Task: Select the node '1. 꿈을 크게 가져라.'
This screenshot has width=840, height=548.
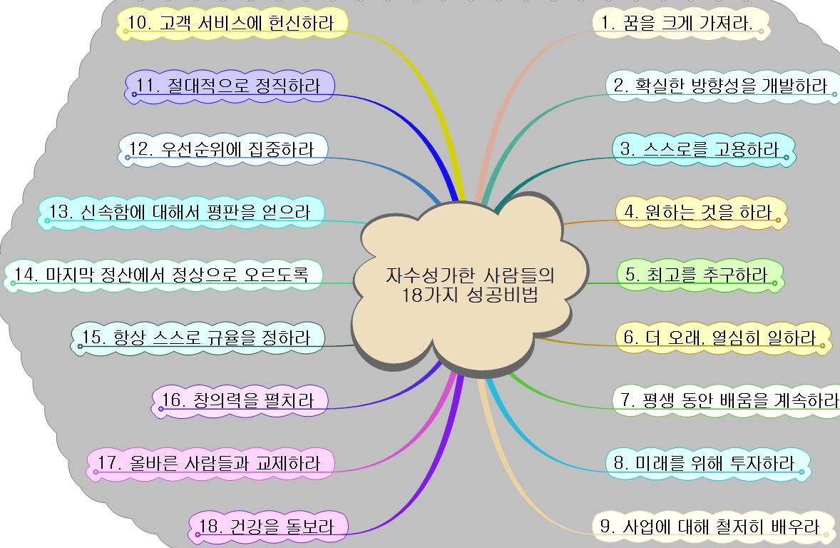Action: (x=677, y=23)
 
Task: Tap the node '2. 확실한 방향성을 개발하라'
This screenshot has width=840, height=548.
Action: (x=720, y=86)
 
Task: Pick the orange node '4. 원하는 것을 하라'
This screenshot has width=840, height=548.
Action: (x=698, y=212)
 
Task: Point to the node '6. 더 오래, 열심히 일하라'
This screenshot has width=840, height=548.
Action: (x=719, y=338)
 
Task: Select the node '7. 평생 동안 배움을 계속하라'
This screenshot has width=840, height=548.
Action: (x=727, y=400)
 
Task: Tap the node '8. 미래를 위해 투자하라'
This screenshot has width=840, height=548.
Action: (x=704, y=463)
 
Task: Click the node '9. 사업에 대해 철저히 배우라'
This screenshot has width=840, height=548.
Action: (x=710, y=527)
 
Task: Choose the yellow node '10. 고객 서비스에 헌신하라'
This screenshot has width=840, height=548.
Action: (x=230, y=23)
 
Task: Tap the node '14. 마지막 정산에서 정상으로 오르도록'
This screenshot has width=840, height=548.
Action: (x=161, y=275)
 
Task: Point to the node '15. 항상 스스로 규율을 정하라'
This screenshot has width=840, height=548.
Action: (x=196, y=338)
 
